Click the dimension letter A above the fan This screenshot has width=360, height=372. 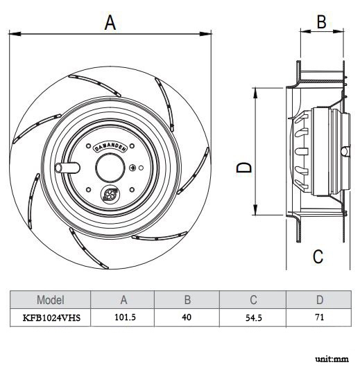click(x=110, y=23)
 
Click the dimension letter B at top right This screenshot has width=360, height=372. click(x=322, y=21)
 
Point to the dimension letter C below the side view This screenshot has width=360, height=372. click(x=318, y=256)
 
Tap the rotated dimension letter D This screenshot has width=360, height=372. click(x=243, y=167)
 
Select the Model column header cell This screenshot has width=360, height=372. click(x=50, y=300)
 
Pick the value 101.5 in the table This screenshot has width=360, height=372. click(x=125, y=317)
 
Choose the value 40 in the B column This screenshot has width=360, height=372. click(x=187, y=317)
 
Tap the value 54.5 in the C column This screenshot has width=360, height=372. click(x=254, y=318)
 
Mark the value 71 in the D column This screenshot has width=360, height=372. click(x=319, y=317)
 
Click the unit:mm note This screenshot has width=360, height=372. click(x=332, y=359)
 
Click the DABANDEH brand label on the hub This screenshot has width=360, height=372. click(x=110, y=148)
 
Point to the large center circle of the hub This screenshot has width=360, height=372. click(x=110, y=168)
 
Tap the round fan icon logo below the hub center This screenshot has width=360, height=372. click(x=110, y=194)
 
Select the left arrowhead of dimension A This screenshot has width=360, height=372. click(x=15, y=34)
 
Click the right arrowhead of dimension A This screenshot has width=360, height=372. click(x=205, y=34)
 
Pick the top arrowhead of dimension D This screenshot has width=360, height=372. click(x=255, y=93)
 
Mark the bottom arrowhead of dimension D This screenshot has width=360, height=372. click(x=255, y=210)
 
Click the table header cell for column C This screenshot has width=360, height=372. click(x=252, y=300)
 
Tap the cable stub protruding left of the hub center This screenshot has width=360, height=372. click(x=67, y=168)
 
